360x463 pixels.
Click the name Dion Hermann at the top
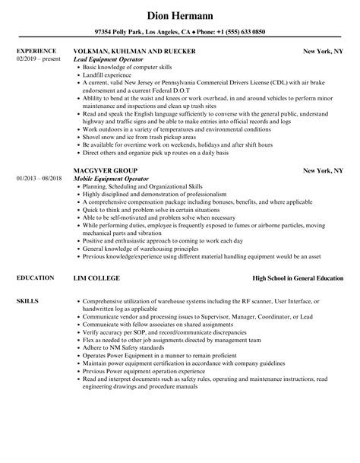point(180,14)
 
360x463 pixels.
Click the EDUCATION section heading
point(34,279)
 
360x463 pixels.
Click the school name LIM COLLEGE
point(96,279)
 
